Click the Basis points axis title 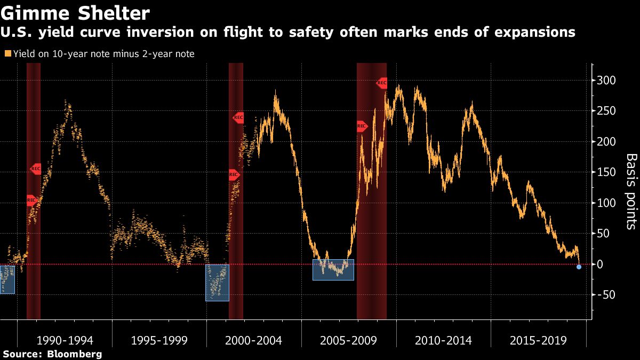point(631,191)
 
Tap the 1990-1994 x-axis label point(65,340)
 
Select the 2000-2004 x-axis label point(254,340)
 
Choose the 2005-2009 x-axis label point(349,340)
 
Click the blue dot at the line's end point(579,267)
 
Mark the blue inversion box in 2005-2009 point(333,270)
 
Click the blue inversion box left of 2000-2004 point(217,283)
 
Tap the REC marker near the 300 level point(381,83)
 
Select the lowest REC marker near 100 point(31,201)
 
